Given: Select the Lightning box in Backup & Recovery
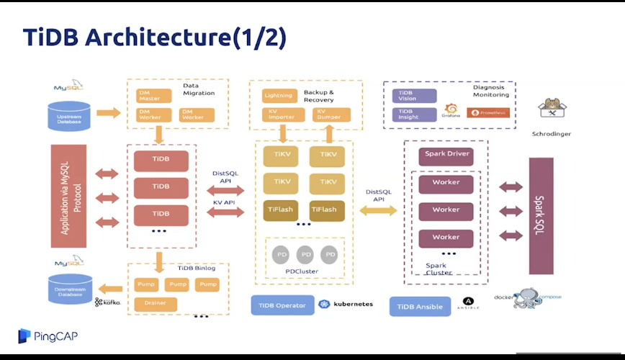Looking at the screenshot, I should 278,95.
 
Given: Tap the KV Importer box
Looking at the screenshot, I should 278,114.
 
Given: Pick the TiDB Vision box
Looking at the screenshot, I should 414,96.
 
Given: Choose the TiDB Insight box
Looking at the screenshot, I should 414,114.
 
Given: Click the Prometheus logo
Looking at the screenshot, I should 483,112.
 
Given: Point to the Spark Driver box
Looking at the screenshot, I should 446,154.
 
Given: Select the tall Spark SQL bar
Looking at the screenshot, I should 541,216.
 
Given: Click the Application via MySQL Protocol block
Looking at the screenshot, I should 68,197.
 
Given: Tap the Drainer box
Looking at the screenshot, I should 156,303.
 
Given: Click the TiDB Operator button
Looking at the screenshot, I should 282,305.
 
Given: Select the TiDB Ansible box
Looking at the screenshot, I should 421,306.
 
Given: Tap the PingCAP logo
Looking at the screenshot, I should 48,336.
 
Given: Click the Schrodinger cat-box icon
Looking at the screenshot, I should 552,109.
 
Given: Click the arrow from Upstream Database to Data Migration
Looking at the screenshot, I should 108,113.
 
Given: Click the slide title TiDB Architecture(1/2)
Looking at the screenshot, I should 154,37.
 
